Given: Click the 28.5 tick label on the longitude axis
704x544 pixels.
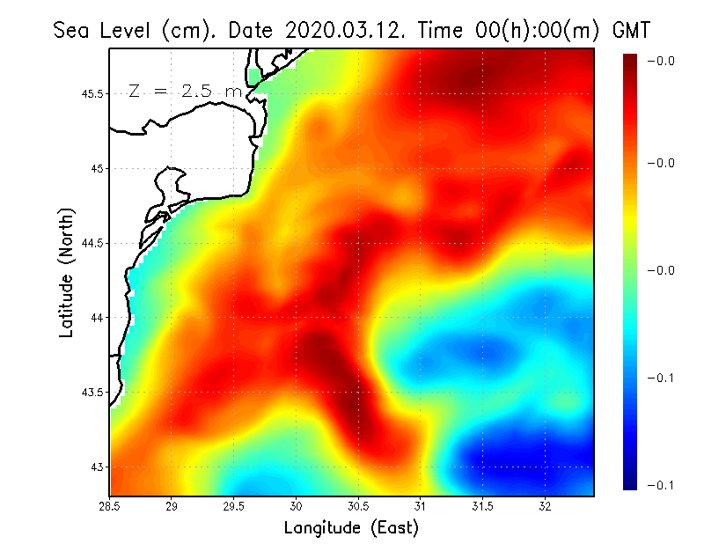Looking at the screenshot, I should (109, 506).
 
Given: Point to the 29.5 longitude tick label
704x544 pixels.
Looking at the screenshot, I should (234, 506).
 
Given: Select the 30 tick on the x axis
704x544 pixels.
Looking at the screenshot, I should (297, 506).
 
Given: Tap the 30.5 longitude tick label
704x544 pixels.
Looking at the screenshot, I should (358, 506).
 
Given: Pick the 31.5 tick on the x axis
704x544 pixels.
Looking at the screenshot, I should (483, 506).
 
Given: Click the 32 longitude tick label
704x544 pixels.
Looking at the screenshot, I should (546, 506).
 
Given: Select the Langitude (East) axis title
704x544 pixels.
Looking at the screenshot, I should (351, 528).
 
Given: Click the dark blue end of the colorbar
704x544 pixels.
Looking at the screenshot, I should (630, 480).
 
